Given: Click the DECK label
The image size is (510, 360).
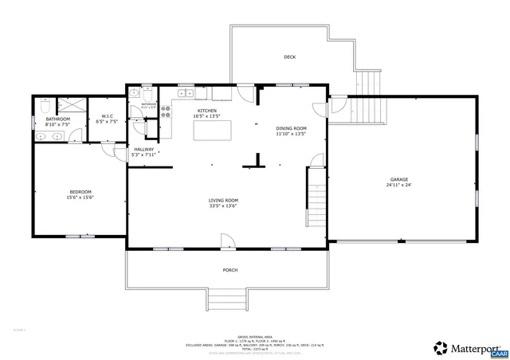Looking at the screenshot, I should pos(290,57).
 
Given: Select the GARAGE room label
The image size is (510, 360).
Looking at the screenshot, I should pos(399,179).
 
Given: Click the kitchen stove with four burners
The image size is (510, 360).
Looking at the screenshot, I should pos(167,112).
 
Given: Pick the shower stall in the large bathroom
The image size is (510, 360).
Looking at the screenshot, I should pos(71,105).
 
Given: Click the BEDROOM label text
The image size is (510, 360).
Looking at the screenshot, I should pos(80,191).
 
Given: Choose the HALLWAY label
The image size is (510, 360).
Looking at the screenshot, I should pos(143,149).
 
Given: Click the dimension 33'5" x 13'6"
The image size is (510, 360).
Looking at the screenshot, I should pos(223,206).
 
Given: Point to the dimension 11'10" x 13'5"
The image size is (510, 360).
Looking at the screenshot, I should pos(291,134).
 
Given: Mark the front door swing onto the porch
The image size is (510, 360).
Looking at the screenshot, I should pos(227,240).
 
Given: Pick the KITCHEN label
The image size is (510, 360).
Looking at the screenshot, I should pos(207,112).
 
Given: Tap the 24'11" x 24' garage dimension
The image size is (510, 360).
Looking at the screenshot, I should pos(399,186).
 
